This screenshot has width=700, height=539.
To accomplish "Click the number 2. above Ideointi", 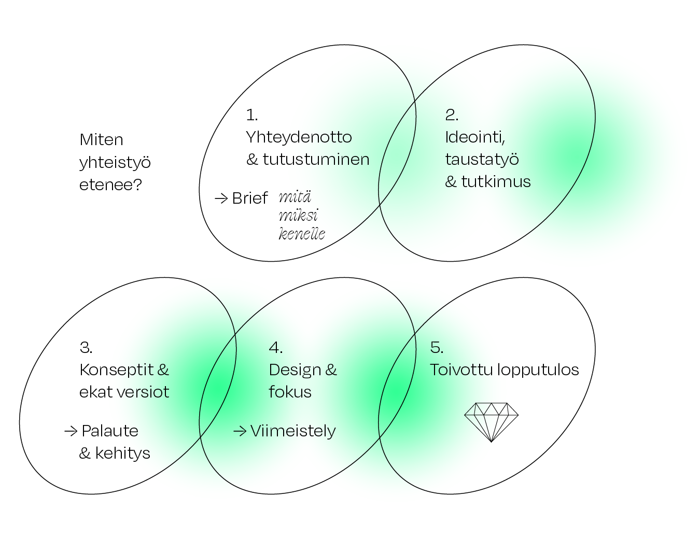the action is [452, 115].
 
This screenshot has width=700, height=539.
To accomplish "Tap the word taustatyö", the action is [482, 159].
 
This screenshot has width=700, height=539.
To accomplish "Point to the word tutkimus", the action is [496, 181].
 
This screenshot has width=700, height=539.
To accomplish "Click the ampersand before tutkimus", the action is [451, 181].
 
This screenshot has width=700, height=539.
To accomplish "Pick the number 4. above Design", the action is [275, 347].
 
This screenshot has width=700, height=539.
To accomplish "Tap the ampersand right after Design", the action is [331, 370].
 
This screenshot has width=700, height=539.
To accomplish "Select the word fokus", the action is [290, 392].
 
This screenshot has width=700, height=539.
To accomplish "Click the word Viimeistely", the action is [293, 431].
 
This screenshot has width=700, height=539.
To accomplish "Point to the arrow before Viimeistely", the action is [240, 431].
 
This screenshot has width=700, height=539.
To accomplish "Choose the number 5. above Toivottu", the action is [437, 347].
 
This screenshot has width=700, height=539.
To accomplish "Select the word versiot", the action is [143, 392].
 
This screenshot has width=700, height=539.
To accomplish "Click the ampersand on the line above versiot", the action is [163, 370].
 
